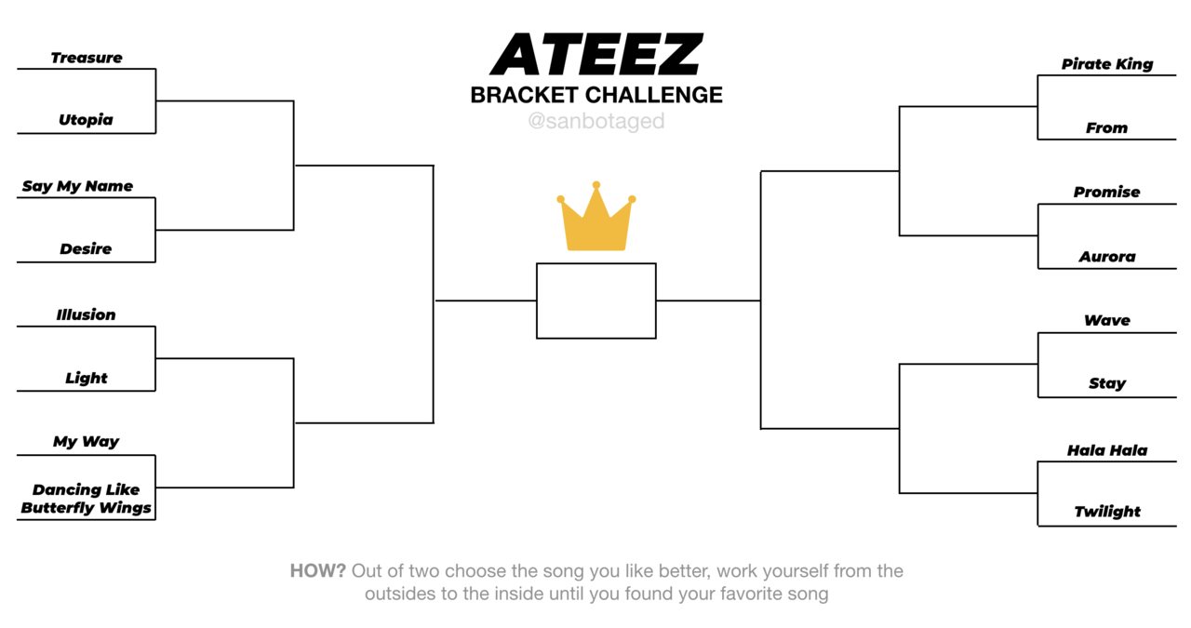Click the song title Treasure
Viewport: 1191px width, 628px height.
pyautogui.click(x=87, y=58)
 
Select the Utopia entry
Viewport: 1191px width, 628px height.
pyautogui.click(x=86, y=120)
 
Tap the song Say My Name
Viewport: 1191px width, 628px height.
pyautogui.click(x=77, y=186)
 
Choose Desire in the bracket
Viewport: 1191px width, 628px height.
pyautogui.click(x=86, y=248)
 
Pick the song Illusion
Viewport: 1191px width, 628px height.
pyautogui.click(x=87, y=314)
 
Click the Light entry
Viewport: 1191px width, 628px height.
pyautogui.click(x=87, y=378)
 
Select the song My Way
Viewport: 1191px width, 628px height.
pyautogui.click(x=87, y=441)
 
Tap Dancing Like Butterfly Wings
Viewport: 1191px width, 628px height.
pyautogui.click(x=87, y=499)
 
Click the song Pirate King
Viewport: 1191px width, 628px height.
pyautogui.click(x=1107, y=64)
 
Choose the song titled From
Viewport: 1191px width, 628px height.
pyautogui.click(x=1106, y=127)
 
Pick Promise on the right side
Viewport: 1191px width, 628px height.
pyautogui.click(x=1107, y=192)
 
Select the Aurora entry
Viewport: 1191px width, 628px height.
pyautogui.click(x=1107, y=257)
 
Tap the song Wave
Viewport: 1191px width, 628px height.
pyautogui.click(x=1107, y=320)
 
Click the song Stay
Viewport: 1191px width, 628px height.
pyautogui.click(x=1107, y=383)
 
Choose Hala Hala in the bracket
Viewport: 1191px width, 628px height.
pyautogui.click(x=1107, y=450)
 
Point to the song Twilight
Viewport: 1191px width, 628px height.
pyautogui.click(x=1107, y=512)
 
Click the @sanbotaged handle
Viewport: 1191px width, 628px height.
pyautogui.click(x=596, y=121)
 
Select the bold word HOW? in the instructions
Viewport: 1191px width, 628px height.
pyautogui.click(x=318, y=570)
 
